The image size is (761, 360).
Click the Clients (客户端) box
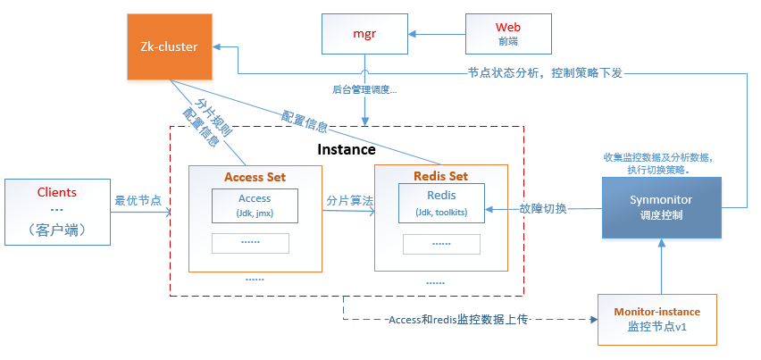57,211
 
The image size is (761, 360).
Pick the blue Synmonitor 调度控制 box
660,207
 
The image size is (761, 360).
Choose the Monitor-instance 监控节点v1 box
656,319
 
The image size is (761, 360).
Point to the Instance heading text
347,149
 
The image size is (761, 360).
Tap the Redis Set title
440,177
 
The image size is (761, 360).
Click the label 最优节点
138,200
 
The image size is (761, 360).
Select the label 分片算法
349,200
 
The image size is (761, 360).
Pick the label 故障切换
542,209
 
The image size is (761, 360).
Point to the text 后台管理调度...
364,89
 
